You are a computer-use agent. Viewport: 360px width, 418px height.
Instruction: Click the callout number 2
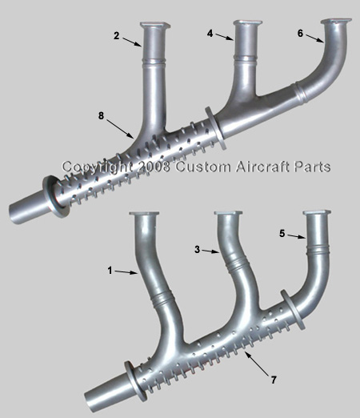pyautogui.click(x=116, y=36)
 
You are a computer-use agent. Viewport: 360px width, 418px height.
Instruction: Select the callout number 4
pyautogui.click(x=210, y=34)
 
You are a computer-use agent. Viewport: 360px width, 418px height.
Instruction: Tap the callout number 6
pyautogui.click(x=300, y=34)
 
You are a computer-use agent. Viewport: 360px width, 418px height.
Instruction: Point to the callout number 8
pyautogui.click(x=101, y=116)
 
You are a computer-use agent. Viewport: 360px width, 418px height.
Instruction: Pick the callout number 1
pyautogui.click(x=110, y=271)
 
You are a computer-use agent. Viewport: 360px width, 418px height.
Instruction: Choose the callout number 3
pyautogui.click(x=197, y=250)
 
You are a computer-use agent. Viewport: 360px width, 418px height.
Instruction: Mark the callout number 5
pyautogui.click(x=282, y=234)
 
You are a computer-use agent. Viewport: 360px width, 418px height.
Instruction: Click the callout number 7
pyautogui.click(x=274, y=380)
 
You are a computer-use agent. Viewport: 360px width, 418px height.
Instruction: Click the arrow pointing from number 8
pyautogui.click(x=120, y=129)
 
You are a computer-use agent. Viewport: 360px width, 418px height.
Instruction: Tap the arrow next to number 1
pyautogui.click(x=126, y=272)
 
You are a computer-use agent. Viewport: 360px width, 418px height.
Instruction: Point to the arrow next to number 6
pyautogui.click(x=314, y=38)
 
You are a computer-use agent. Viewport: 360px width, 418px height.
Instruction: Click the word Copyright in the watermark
pyautogui.click(x=98, y=167)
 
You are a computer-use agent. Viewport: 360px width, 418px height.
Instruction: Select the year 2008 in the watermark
pyautogui.click(x=154, y=167)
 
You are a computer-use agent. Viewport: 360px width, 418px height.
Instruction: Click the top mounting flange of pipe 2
pyautogui.click(x=155, y=25)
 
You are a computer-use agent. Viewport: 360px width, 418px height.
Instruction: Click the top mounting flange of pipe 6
pyautogui.click(x=336, y=22)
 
